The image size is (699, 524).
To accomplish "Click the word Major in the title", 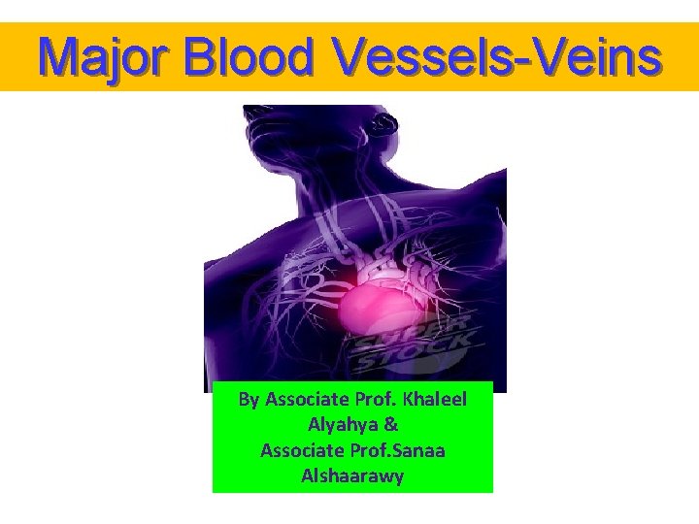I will pyautogui.click(x=107, y=57).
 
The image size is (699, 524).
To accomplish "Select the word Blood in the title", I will pyautogui.click(x=252, y=57).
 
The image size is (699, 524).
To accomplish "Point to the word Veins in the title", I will pyautogui.click(x=603, y=57).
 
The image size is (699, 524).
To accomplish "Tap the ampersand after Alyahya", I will pyautogui.click(x=392, y=425).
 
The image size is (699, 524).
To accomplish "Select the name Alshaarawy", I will pyautogui.click(x=352, y=476).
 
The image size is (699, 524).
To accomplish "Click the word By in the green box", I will pyautogui.click(x=250, y=400).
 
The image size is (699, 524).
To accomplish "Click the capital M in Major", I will pyautogui.click(x=57, y=57).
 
